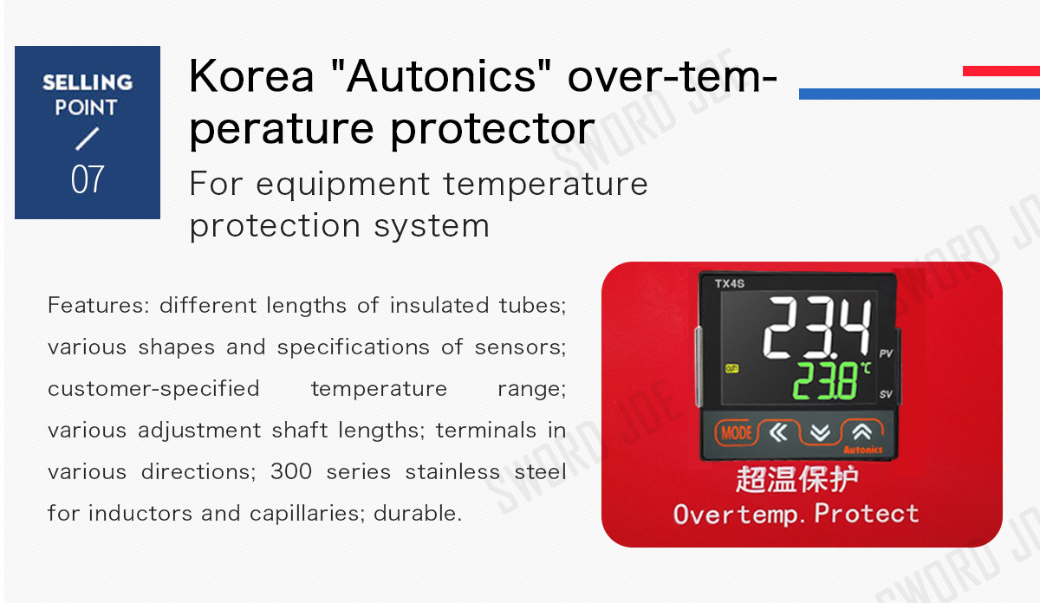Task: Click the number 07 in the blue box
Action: (x=88, y=179)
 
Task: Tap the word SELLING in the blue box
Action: (x=88, y=82)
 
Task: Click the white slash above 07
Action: (x=88, y=139)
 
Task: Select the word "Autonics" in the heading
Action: (x=441, y=75)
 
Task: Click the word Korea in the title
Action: (x=251, y=75)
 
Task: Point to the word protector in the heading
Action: (x=492, y=129)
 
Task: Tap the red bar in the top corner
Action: (x=1002, y=71)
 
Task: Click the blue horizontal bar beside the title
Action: (x=920, y=94)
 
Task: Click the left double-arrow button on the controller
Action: (x=778, y=432)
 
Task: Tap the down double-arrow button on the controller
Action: (x=821, y=433)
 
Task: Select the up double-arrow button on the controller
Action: (x=861, y=432)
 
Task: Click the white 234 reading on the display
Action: (x=817, y=327)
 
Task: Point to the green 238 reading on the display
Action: (x=826, y=380)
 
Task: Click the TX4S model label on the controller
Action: (x=730, y=283)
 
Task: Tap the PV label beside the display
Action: (x=886, y=353)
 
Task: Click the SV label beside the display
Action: (x=886, y=394)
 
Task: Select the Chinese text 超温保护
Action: (x=796, y=479)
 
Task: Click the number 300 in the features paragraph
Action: (x=291, y=472)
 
